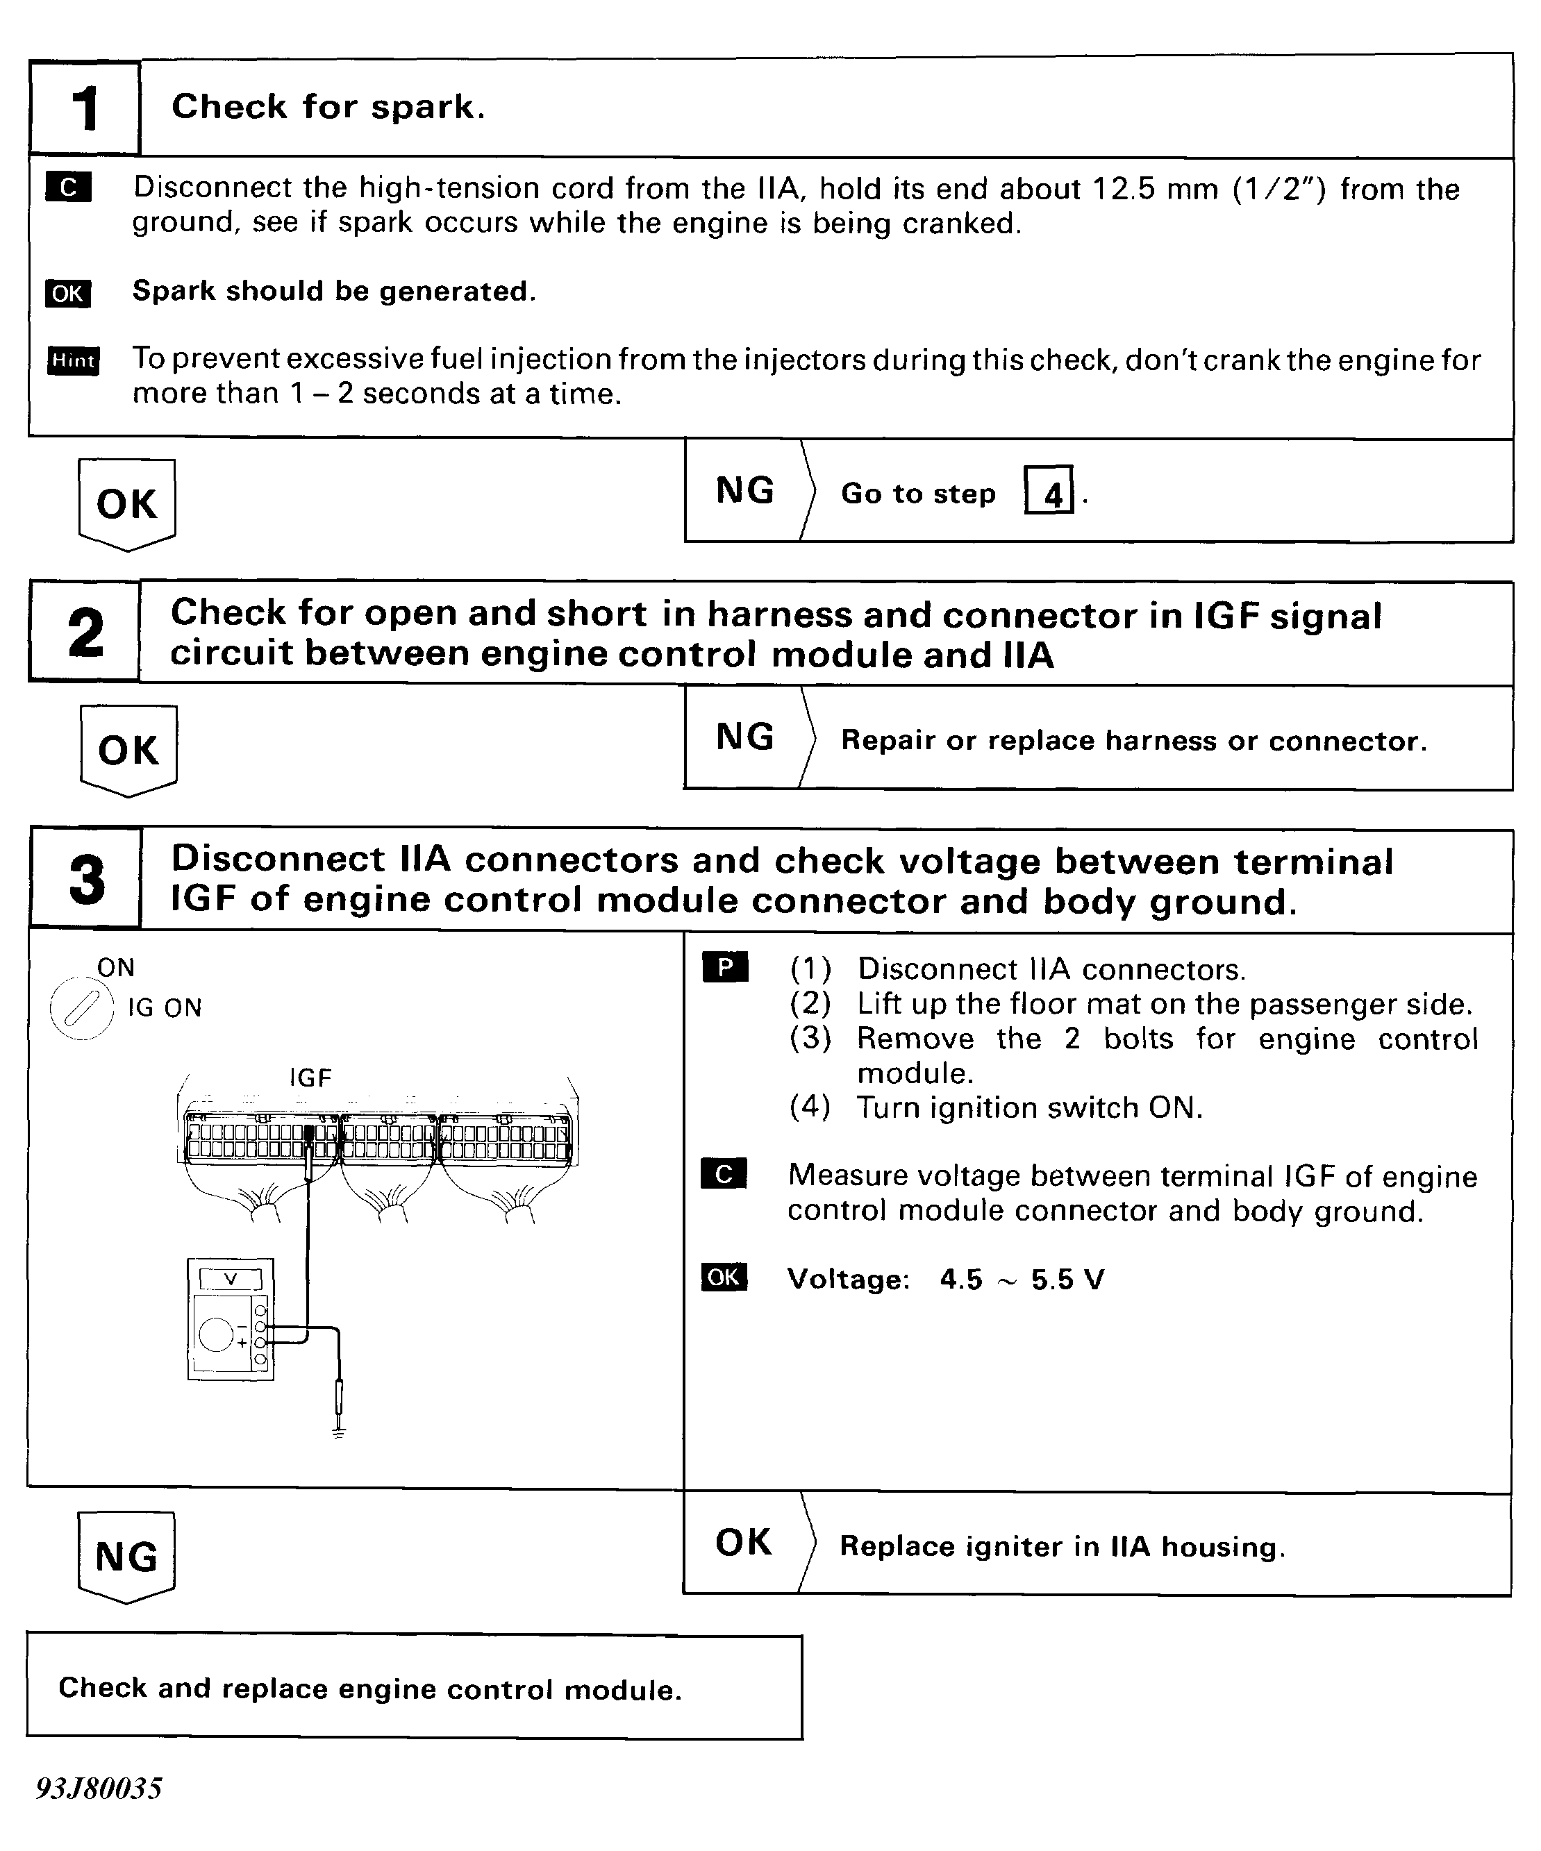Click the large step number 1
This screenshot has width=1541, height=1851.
tap(85, 109)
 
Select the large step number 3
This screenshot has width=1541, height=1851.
tap(86, 879)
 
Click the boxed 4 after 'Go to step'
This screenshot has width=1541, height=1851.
tap(1049, 491)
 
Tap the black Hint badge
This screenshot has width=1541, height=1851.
tap(73, 360)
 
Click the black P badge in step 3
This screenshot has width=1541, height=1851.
tap(724, 968)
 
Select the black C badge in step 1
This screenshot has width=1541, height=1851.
tap(68, 187)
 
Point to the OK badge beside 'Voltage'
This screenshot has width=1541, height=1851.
tap(724, 1278)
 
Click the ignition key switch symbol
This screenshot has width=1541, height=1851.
tap(81, 1010)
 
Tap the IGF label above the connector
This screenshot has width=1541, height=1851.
tap(310, 1077)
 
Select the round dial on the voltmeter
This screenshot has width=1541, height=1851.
tap(216, 1334)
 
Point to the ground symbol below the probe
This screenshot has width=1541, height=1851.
tap(338, 1432)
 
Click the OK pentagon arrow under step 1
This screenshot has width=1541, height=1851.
tap(127, 504)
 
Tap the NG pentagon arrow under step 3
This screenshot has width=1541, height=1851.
tap(127, 1557)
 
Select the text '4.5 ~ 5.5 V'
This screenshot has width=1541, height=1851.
tap(1021, 1279)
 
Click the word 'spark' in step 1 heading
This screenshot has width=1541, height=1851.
tap(426, 108)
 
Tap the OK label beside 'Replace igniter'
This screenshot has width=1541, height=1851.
tap(743, 1543)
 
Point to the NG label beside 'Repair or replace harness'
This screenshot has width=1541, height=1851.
tap(745, 737)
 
